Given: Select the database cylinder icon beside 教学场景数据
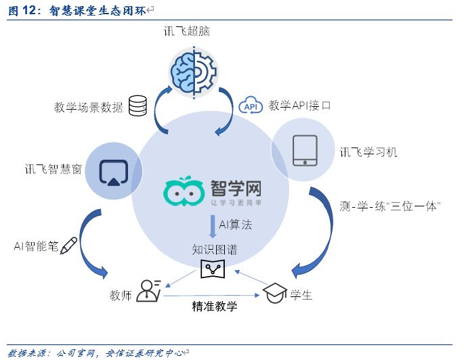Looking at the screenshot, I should (137, 106).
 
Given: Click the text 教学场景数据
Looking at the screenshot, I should (89, 107).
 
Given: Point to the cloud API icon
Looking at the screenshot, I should (251, 106).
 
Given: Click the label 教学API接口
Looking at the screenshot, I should (300, 106).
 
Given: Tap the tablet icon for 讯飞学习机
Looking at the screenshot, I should (304, 150).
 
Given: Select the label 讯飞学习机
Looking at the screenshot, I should (368, 152).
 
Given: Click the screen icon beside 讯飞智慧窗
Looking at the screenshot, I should (113, 171).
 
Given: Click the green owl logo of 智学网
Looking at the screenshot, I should (184, 192).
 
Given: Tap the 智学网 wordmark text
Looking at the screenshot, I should (236, 187).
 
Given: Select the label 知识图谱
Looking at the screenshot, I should (214, 250).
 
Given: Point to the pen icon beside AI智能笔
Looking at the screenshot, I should (68, 246).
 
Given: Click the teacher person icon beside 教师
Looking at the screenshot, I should (148, 290).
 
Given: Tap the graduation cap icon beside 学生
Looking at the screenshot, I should (274, 293).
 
